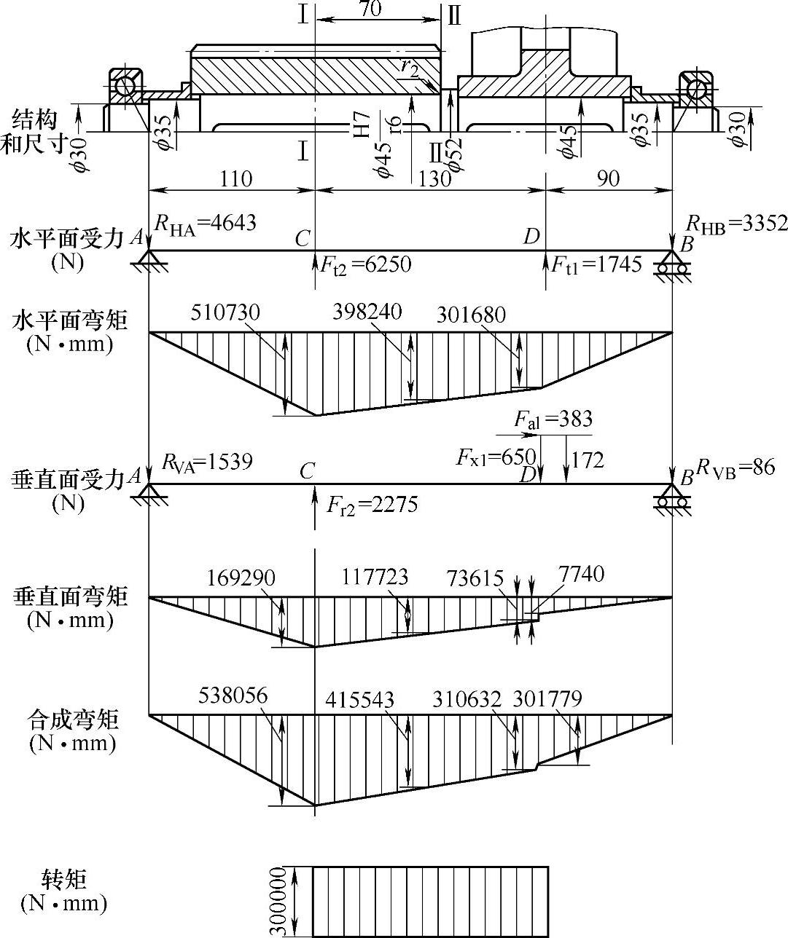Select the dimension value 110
coord(235,178)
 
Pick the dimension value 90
coord(607,178)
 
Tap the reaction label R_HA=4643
coord(206,222)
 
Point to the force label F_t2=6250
coord(365,264)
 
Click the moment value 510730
coord(225,312)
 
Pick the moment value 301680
coord(471,315)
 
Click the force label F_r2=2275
coord(372,504)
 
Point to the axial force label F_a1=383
coord(553,419)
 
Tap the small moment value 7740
coord(582,575)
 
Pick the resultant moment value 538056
coord(233,695)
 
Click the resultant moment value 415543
coord(359,700)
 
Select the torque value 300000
coord(277,901)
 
